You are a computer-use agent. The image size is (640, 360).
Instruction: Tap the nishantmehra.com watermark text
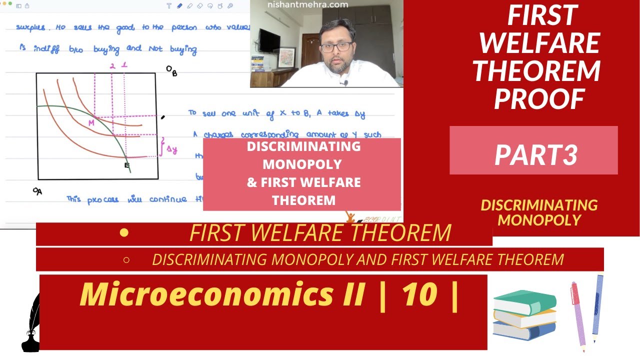[x=307, y=4]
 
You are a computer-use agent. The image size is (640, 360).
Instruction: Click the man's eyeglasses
[x=336, y=47]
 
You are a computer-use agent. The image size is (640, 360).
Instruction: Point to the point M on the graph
[x=91, y=122]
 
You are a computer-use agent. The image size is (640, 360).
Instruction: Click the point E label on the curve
[x=126, y=165]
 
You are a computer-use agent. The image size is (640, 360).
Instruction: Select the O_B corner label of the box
[x=171, y=71]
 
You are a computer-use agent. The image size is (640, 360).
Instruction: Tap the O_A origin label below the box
[x=37, y=191]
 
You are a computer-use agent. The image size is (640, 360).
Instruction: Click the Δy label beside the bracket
[x=171, y=149]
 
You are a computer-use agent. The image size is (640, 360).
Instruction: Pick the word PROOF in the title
[x=539, y=98]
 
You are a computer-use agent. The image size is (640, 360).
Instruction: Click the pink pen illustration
[x=578, y=315]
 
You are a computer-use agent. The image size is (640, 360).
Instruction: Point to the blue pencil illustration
[x=598, y=307]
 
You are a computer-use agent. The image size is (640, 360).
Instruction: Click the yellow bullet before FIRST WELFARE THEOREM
[x=124, y=232]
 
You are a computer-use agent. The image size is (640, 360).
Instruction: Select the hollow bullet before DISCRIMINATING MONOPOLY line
[x=126, y=259]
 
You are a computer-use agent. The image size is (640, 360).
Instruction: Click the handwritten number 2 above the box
[x=112, y=65]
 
